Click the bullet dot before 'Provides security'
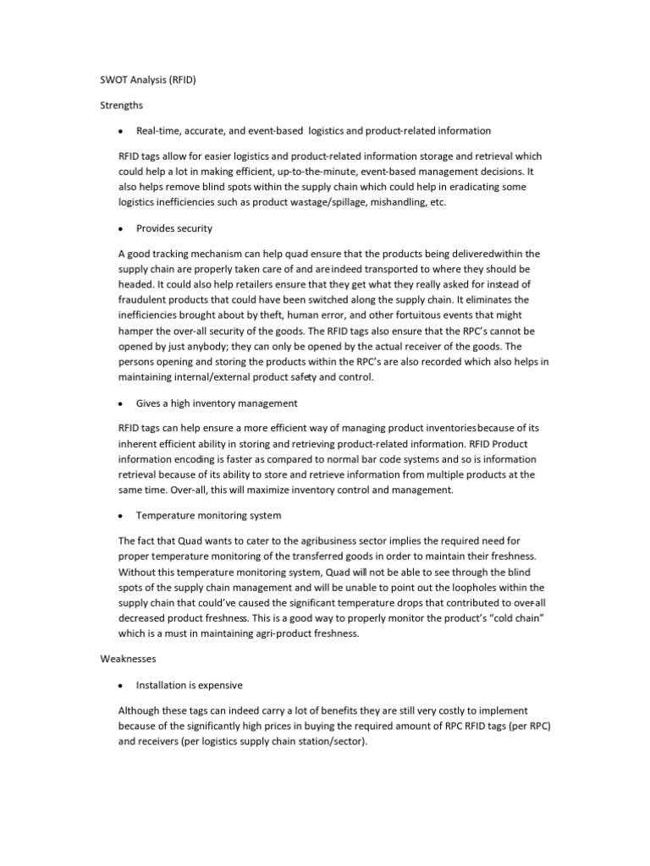(122, 228)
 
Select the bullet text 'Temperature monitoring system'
(209, 515)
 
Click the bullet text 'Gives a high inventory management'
(217, 403)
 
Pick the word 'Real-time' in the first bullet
(157, 131)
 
